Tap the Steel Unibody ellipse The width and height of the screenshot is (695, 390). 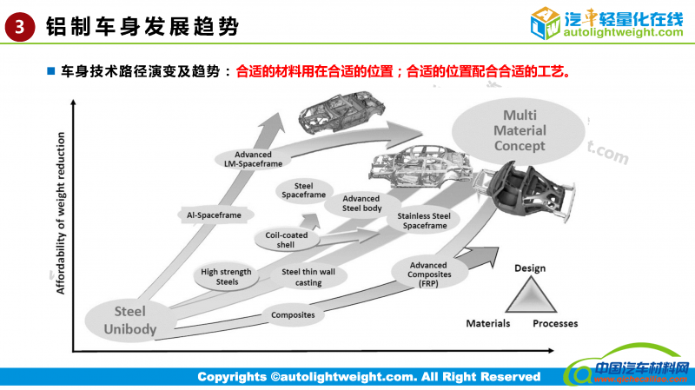click(x=129, y=319)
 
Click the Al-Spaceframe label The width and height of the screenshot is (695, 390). click(x=208, y=214)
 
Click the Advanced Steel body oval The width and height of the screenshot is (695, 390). click(x=361, y=203)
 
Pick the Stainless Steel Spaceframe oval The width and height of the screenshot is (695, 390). click(x=423, y=221)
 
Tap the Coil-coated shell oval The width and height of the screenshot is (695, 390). click(x=286, y=240)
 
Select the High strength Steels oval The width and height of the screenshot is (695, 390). click(x=226, y=276)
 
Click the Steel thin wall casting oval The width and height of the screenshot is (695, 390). click(x=301, y=276)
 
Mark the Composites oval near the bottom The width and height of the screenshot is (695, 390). click(x=292, y=314)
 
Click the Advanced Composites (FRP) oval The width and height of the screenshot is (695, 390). click(x=428, y=274)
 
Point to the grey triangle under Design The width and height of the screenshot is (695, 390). click(x=529, y=295)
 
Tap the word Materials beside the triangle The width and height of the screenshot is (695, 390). click(x=487, y=323)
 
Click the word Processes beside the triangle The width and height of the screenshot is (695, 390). click(x=555, y=323)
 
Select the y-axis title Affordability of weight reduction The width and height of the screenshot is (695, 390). click(x=62, y=214)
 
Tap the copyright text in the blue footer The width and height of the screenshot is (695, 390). click(x=368, y=377)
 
